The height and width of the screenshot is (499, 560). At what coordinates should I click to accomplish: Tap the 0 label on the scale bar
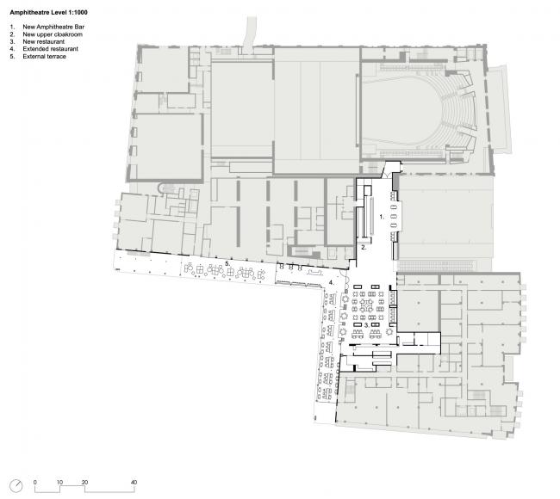pos(35,483)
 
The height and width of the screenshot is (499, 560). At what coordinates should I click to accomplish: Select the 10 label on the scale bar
pos(59,483)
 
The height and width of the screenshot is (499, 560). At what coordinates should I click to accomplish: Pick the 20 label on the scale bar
pos(84,483)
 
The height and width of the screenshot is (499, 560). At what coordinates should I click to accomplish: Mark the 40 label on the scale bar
pos(134,483)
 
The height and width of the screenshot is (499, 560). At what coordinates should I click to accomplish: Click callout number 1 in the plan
pos(382,219)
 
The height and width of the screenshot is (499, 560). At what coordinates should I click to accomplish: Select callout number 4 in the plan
pos(331,282)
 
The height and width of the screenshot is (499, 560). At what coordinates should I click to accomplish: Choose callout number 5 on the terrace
pos(227,263)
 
